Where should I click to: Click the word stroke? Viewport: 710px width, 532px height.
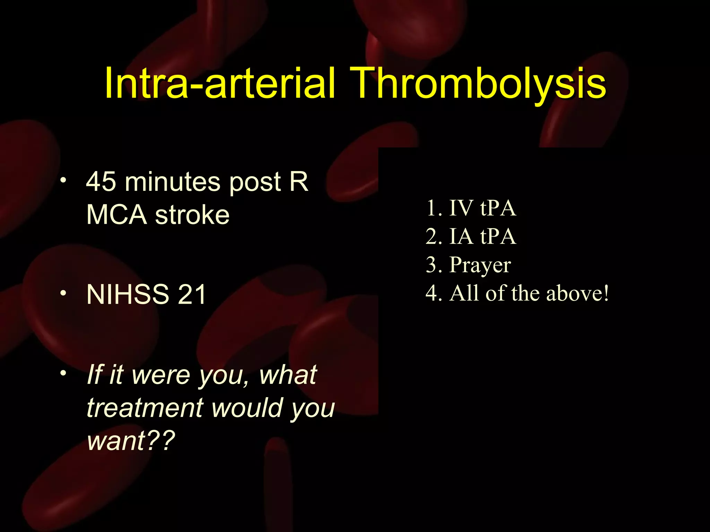pyautogui.click(x=192, y=215)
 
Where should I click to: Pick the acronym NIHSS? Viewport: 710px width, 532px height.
pyautogui.click(x=128, y=294)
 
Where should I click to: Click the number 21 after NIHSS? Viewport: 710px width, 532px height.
pyautogui.click(x=192, y=294)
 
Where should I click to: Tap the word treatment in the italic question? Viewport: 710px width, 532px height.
pyautogui.click(x=145, y=408)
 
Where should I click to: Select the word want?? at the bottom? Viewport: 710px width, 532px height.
pyautogui.click(x=131, y=441)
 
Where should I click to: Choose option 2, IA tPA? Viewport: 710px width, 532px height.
pyautogui.click(x=471, y=236)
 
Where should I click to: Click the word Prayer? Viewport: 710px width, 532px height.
pyautogui.click(x=480, y=265)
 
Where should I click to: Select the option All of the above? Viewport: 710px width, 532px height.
pyautogui.click(x=517, y=293)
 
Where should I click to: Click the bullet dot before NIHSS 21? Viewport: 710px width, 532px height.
pyautogui.click(x=63, y=293)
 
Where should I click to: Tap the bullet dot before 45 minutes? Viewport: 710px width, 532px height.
pyautogui.click(x=63, y=180)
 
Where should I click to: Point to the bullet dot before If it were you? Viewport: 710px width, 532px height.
pyautogui.click(x=63, y=373)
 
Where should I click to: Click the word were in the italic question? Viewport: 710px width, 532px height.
pyautogui.click(x=161, y=375)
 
